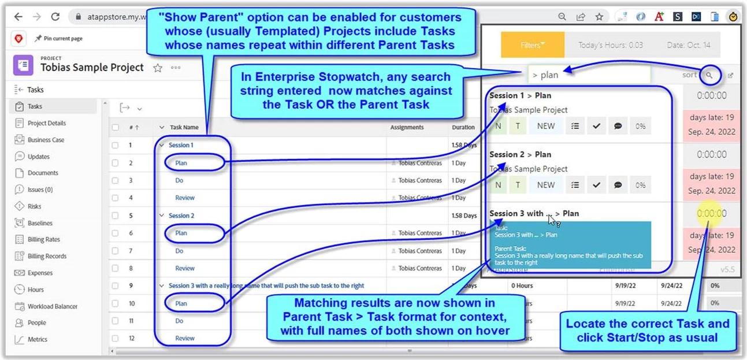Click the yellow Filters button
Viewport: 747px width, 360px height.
pos(532,45)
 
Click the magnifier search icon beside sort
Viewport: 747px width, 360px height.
pos(709,75)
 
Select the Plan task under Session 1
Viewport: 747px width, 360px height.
pos(181,163)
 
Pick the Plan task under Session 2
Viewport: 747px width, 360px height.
pos(181,233)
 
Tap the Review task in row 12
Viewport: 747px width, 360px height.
pos(185,338)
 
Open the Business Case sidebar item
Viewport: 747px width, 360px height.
pos(46,140)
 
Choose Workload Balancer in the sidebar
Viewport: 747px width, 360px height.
pos(52,306)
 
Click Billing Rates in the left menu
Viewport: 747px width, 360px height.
pos(43,239)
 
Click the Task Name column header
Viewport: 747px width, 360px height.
pos(184,127)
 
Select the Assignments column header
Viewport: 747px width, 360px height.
pos(407,127)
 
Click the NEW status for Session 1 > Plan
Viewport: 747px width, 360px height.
pos(545,126)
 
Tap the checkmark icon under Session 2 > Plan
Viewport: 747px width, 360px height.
pos(596,185)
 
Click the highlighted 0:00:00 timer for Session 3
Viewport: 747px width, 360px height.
pos(711,213)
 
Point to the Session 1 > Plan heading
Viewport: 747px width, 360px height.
pos(520,95)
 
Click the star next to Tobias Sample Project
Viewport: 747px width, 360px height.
pos(158,68)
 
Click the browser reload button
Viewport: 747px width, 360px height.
pos(55,17)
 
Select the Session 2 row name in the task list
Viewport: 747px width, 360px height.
pos(181,216)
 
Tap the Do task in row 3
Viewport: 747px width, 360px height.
pos(179,180)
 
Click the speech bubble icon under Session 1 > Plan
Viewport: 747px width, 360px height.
pos(618,126)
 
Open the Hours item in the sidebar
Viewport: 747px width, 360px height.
pos(36,290)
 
